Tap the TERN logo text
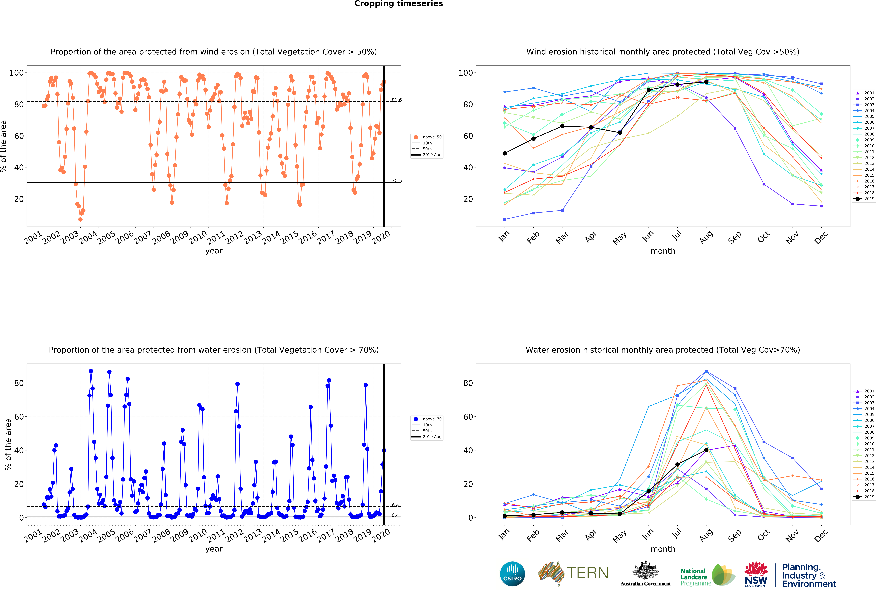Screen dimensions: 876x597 pyautogui.click(x=587, y=573)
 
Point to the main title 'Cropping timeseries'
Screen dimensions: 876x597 pyautogui.click(x=398, y=4)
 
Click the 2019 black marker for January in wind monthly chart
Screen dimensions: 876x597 pyautogui.click(x=505, y=153)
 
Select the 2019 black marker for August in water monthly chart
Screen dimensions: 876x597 pyautogui.click(x=706, y=450)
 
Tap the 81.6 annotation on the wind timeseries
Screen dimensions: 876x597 pyautogui.click(x=397, y=100)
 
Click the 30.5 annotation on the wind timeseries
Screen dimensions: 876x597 pyautogui.click(x=397, y=181)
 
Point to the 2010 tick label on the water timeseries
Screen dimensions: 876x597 pyautogui.click(x=197, y=536)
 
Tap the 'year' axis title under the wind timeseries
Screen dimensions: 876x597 pyautogui.click(x=214, y=251)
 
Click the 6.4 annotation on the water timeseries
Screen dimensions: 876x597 pyautogui.click(x=395, y=505)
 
